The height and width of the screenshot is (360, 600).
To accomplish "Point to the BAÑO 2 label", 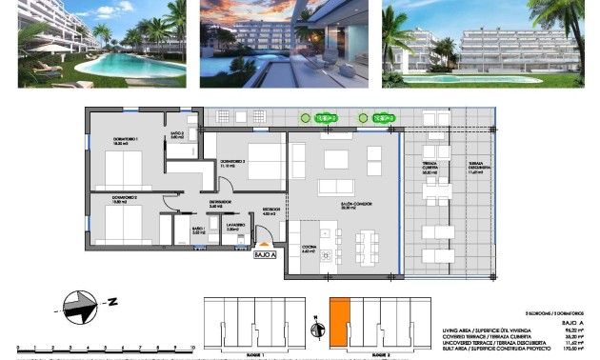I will click(x=177, y=136).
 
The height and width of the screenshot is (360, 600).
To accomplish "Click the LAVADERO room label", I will click(x=235, y=227).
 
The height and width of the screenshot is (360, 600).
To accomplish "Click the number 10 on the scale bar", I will click(x=193, y=350).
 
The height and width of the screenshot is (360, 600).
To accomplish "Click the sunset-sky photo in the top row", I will click(x=283, y=43).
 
